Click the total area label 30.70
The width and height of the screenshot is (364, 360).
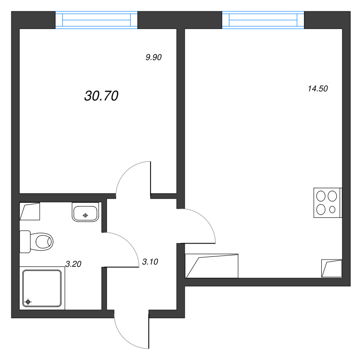(101, 95)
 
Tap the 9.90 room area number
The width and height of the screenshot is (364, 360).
(154, 57)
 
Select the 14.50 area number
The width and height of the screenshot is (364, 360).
(318, 89)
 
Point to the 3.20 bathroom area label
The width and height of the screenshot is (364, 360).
(73, 263)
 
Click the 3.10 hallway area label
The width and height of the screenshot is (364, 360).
(150, 261)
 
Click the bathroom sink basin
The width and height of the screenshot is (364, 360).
(86, 212)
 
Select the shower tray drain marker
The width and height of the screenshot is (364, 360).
(28, 301)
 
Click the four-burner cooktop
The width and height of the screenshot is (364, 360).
(327, 202)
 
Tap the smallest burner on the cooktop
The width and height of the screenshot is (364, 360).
(333, 210)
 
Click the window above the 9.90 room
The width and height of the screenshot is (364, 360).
(96, 20)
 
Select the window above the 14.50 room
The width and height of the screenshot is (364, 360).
(263, 20)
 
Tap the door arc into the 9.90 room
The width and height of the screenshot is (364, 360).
(130, 175)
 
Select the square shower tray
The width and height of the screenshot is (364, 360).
(42, 288)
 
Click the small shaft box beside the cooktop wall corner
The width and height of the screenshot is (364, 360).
(331, 268)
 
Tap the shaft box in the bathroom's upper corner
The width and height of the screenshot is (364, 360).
(30, 211)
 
